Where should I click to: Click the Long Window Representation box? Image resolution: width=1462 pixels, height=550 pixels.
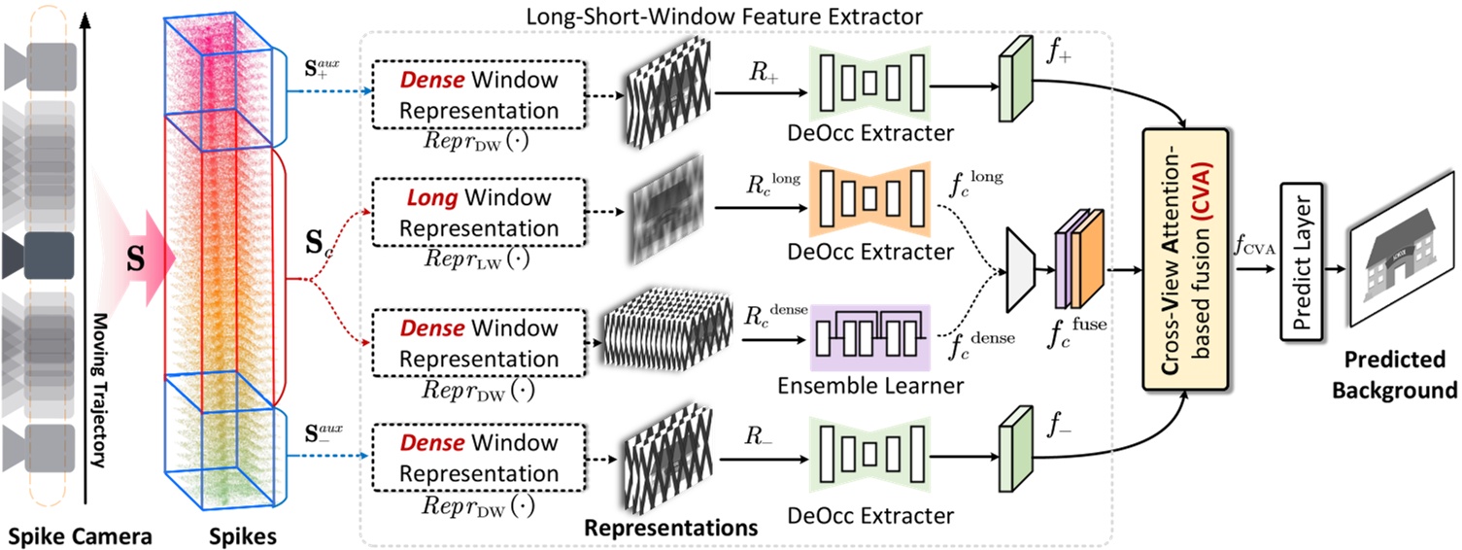[x=479, y=213]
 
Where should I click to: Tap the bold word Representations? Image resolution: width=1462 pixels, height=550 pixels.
[x=669, y=529]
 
